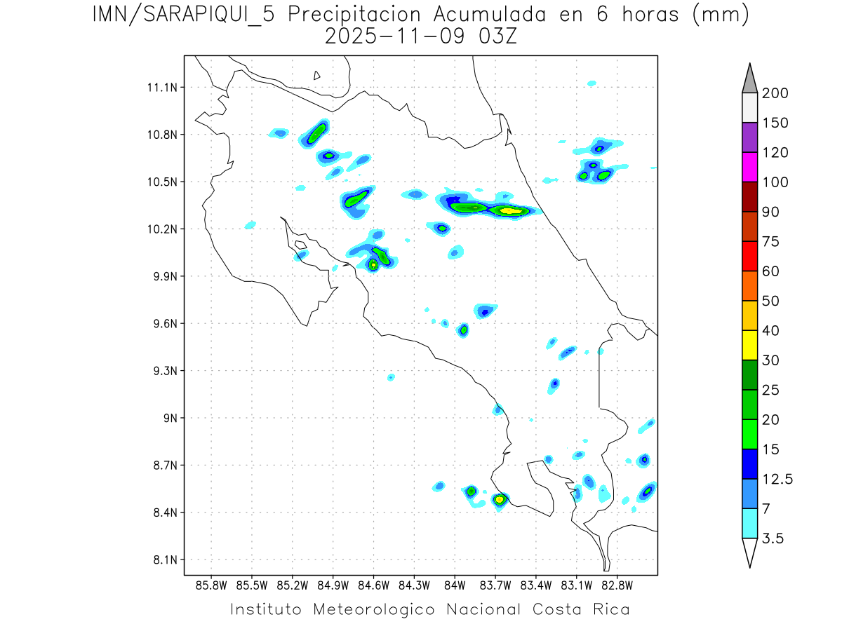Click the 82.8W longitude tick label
tap(617, 585)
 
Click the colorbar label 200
tap(775, 93)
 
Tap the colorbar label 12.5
tap(777, 480)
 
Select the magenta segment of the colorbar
tap(749, 167)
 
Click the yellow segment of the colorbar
tap(749, 345)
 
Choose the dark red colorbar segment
tap(749, 196)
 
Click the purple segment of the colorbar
tap(749, 137)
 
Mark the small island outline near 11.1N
tap(317, 75)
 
